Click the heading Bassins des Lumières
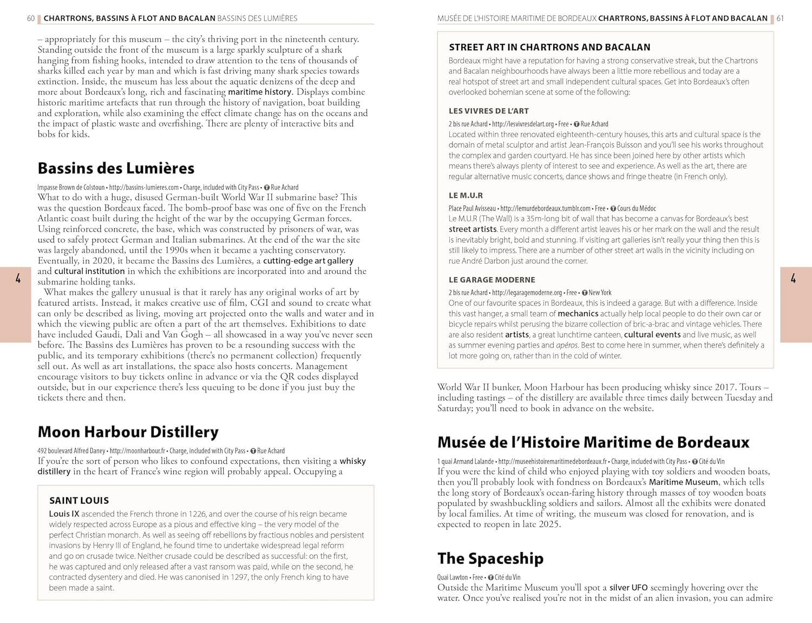(116, 168)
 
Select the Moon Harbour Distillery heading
(128, 432)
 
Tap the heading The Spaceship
(490, 559)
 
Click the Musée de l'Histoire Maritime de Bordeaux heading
(593, 442)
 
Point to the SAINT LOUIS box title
(79, 501)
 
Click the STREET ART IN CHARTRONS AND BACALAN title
(549, 48)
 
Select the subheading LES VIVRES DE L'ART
(488, 111)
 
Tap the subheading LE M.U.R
(466, 195)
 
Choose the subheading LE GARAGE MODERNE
(492, 280)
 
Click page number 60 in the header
(31, 18)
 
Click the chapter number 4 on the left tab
(18, 279)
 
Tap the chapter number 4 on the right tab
(793, 279)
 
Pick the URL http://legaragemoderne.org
(527, 293)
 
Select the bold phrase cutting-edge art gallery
(308, 261)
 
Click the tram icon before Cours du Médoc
(613, 208)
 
